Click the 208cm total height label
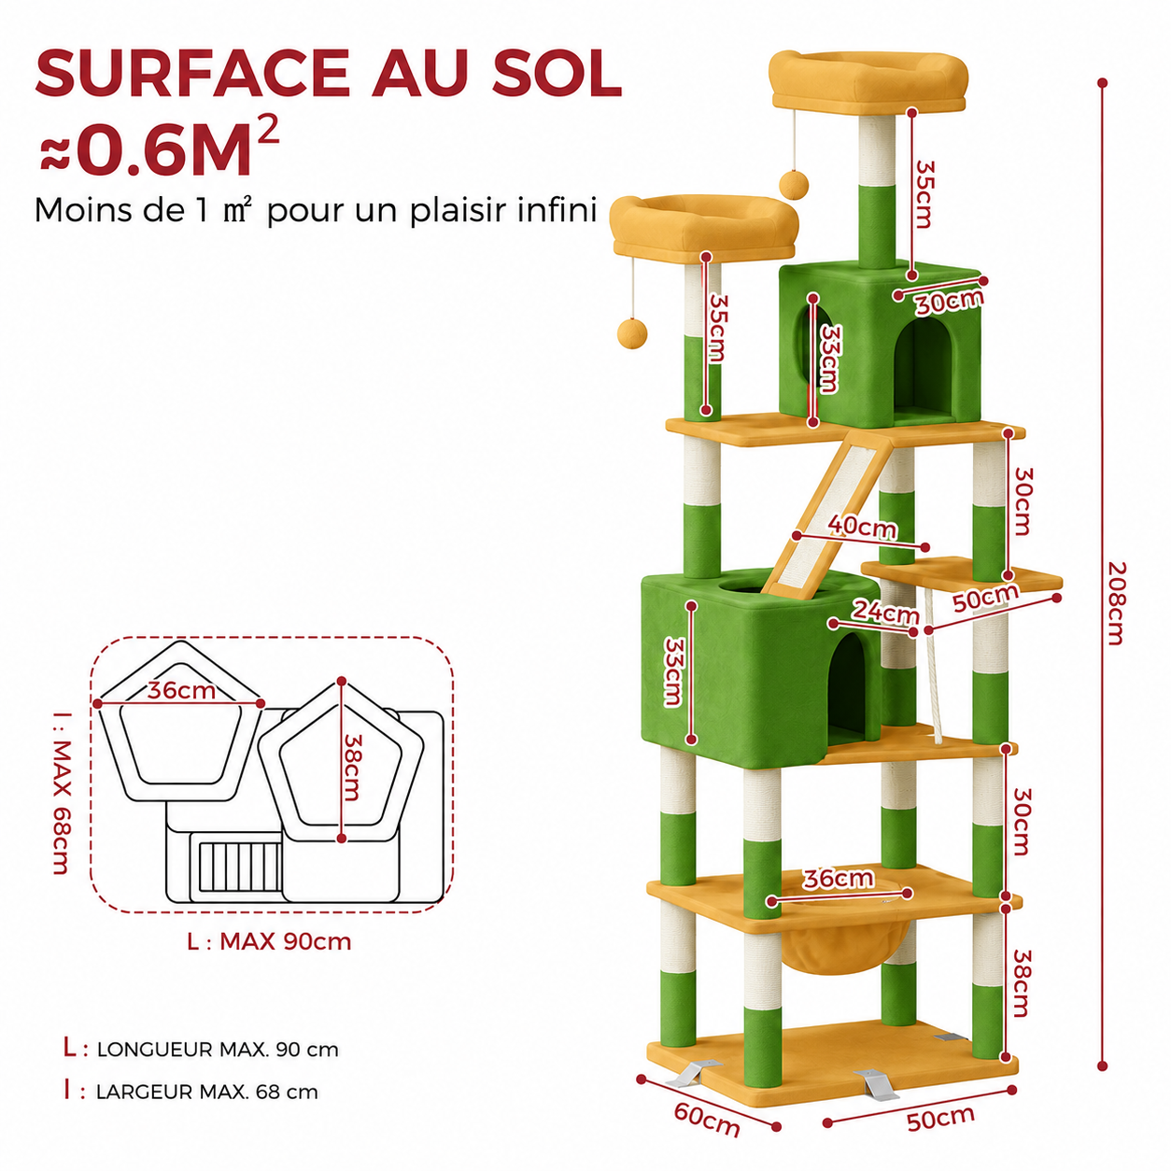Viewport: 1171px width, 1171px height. pos(1116,602)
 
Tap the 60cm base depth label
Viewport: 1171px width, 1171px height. pos(707,1119)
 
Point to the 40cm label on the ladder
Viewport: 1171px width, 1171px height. pos(862,527)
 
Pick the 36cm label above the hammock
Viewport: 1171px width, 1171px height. pos(839,879)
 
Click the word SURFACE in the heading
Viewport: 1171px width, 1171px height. pos(192,73)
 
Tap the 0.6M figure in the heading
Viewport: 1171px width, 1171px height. pos(165,149)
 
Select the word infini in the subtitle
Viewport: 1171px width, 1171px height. pos(557,210)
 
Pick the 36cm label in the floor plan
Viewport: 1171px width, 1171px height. pos(181,690)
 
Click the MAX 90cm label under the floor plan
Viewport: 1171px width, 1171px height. pos(286,941)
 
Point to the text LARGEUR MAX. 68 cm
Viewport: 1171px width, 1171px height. pos(207,1092)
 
